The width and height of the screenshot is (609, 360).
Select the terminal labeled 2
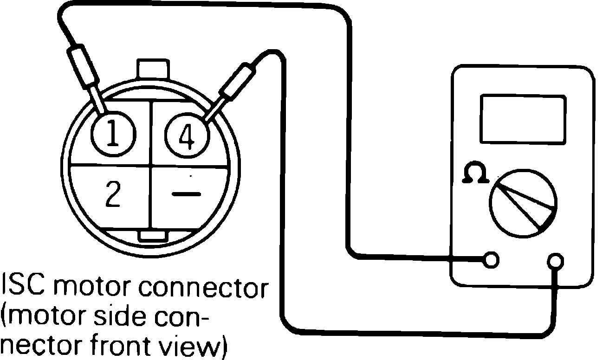pos(112,195)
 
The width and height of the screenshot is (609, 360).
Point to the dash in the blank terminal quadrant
pos(187,194)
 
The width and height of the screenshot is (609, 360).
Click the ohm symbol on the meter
pos(475,173)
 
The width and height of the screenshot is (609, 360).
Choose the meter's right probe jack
pos(555,261)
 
